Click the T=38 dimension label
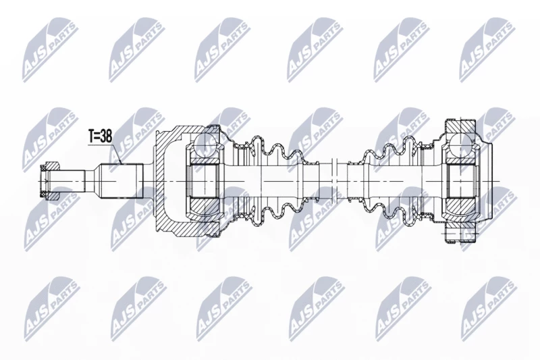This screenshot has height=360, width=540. [101, 136]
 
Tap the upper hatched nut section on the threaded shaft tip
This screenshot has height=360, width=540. [52, 167]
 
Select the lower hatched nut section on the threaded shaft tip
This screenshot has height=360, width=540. [52, 195]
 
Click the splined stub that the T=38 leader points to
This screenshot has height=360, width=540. [122, 181]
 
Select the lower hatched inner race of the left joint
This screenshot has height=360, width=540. [204, 208]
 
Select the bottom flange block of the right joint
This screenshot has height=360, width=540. [461, 235]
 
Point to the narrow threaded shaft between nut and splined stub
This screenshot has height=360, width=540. [72, 181]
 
